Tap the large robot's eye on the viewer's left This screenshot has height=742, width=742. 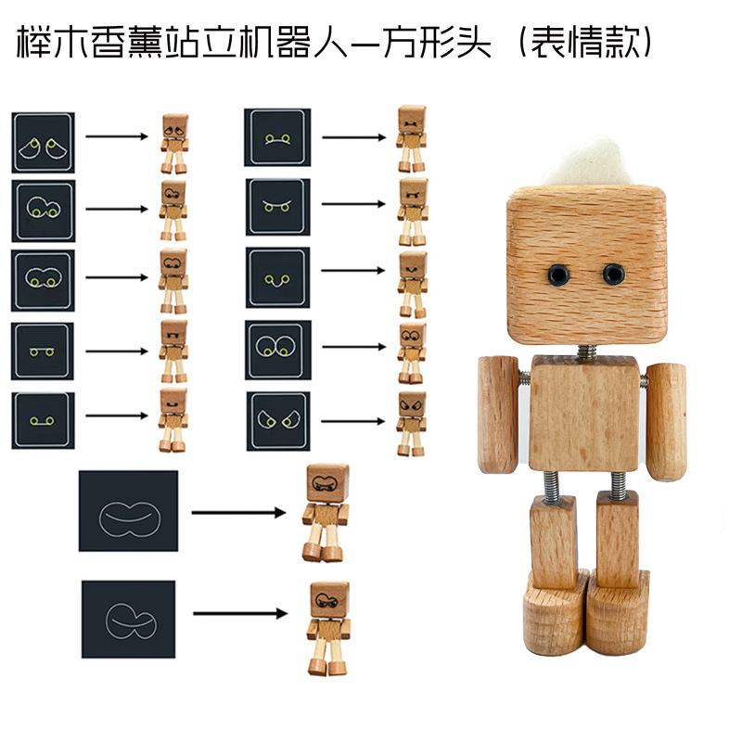(x=558, y=274)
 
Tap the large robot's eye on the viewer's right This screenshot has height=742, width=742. (x=612, y=274)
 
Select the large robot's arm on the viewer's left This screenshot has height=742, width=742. (x=499, y=414)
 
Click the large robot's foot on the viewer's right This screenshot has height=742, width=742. (x=620, y=613)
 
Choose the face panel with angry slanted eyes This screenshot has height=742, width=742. (x=278, y=421)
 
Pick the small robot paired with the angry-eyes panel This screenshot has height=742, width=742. (x=410, y=423)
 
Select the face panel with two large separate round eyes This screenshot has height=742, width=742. (x=278, y=350)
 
